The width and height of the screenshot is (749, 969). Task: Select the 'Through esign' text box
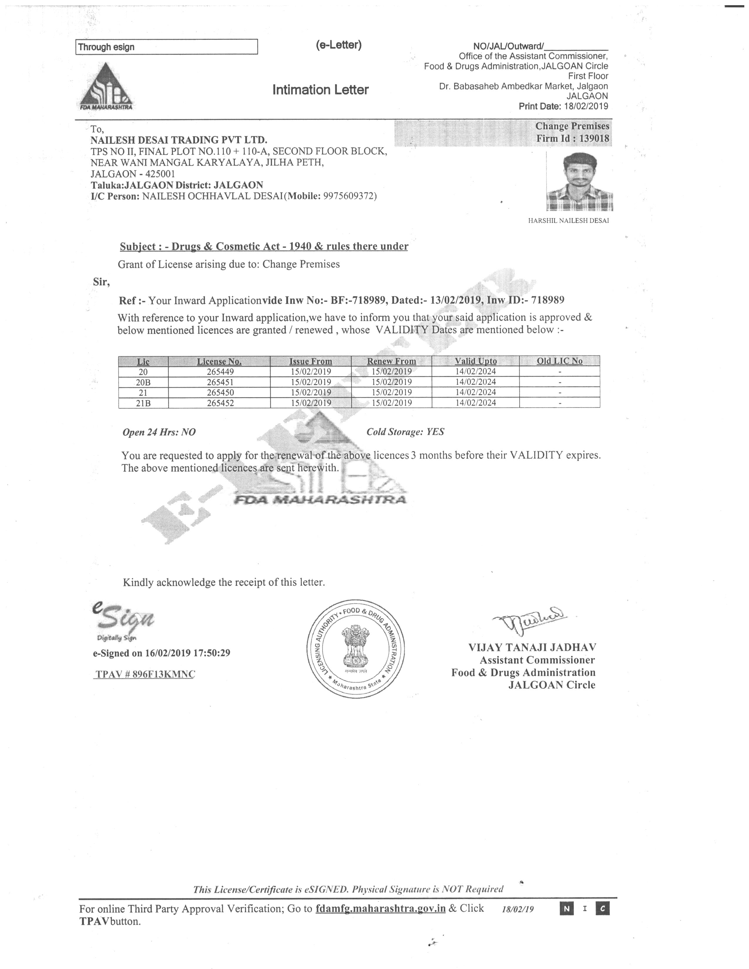(x=166, y=47)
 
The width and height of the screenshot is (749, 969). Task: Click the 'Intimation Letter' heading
(x=320, y=90)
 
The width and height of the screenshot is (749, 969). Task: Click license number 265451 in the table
(x=220, y=382)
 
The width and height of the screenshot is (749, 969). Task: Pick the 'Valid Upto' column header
(x=475, y=361)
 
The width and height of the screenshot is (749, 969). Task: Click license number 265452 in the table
(x=220, y=403)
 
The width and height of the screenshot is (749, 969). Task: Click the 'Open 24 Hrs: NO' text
(x=159, y=433)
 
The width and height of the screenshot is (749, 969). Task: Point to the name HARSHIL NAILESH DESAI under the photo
(x=568, y=221)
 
